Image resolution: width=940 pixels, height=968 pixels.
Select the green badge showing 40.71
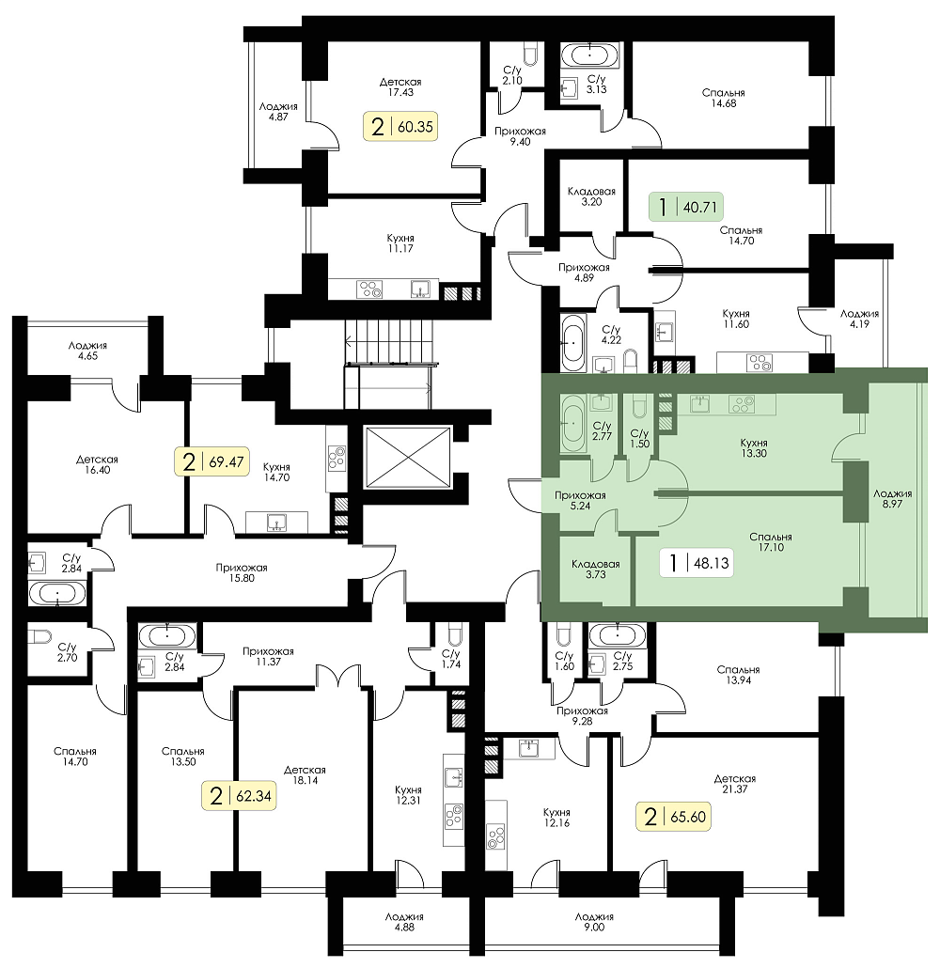click(685, 207)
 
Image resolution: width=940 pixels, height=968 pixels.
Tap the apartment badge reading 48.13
click(697, 562)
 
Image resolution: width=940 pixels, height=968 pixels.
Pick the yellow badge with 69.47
click(211, 461)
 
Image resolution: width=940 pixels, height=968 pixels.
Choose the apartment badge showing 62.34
click(239, 796)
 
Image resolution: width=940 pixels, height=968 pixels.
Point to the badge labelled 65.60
click(673, 817)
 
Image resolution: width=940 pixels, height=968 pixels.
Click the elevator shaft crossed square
click(408, 458)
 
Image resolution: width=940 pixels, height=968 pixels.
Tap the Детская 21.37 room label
click(734, 784)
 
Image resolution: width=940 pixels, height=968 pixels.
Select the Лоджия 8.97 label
click(892, 499)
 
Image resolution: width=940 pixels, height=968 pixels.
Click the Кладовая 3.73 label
click(595, 570)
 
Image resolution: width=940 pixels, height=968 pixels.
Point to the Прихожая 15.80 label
click(242, 573)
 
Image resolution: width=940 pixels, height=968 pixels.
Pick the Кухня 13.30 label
click(754, 447)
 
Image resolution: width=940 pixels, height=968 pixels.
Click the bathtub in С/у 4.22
click(573, 342)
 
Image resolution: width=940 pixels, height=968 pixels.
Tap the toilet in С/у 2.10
click(530, 55)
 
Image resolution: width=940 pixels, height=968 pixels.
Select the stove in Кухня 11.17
click(370, 289)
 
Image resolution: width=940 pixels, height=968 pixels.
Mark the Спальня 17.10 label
click(770, 542)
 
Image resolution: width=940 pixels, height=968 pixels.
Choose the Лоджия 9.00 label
click(594, 922)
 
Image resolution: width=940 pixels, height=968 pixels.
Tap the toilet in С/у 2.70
click(40, 636)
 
